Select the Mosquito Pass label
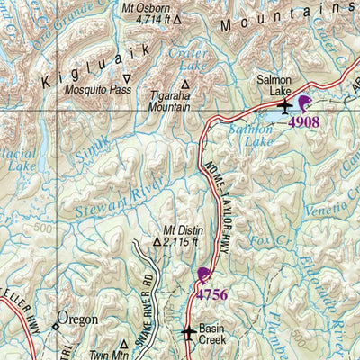tap(91, 90)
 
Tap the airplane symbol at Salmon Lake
tap(285, 107)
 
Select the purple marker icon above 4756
tap(204, 275)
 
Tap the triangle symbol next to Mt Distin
tap(158, 241)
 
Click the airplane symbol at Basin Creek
tap(187, 334)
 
